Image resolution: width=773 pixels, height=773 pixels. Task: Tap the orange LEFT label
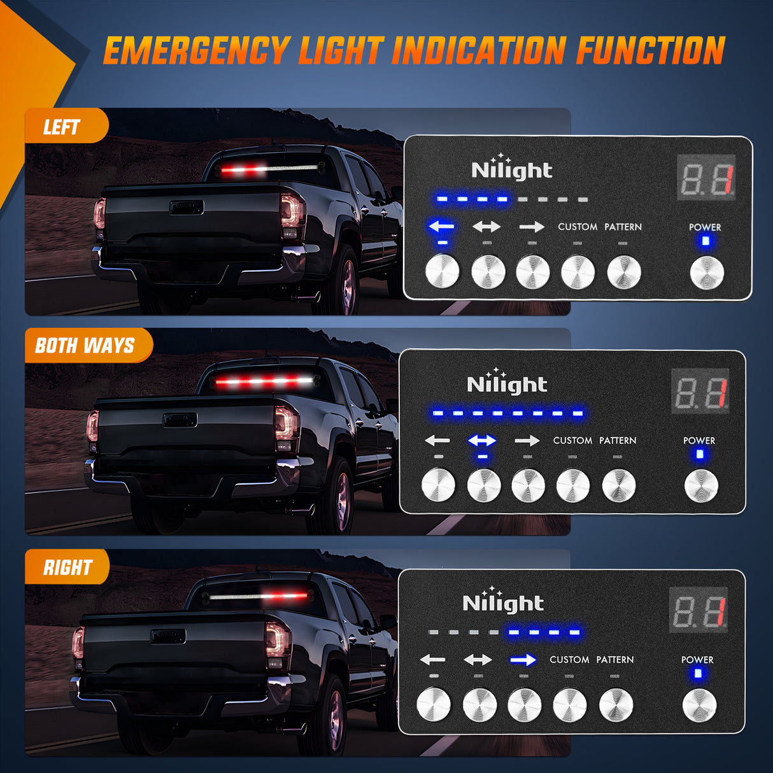tap(62, 127)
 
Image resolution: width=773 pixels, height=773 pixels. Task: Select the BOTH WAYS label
tap(85, 346)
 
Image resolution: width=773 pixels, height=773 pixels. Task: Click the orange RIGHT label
tap(67, 567)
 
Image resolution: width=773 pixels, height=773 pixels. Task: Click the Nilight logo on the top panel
tap(511, 169)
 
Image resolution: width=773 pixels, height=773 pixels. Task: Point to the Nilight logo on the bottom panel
tap(503, 602)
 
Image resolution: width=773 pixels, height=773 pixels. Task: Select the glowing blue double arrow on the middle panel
tap(482, 440)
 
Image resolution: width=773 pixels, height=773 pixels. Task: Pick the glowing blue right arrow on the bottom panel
tap(523, 660)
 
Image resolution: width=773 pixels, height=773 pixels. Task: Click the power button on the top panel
tap(707, 273)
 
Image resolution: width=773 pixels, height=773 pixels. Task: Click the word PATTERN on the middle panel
tap(617, 441)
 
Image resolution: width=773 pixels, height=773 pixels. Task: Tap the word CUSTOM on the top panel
tap(578, 227)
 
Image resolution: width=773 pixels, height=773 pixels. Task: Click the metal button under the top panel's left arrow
tap(442, 271)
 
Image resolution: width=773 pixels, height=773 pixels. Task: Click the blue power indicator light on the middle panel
tap(700, 454)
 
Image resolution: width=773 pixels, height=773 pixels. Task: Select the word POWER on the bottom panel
tap(697, 660)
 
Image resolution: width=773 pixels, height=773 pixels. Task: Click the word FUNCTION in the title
tap(651, 51)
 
